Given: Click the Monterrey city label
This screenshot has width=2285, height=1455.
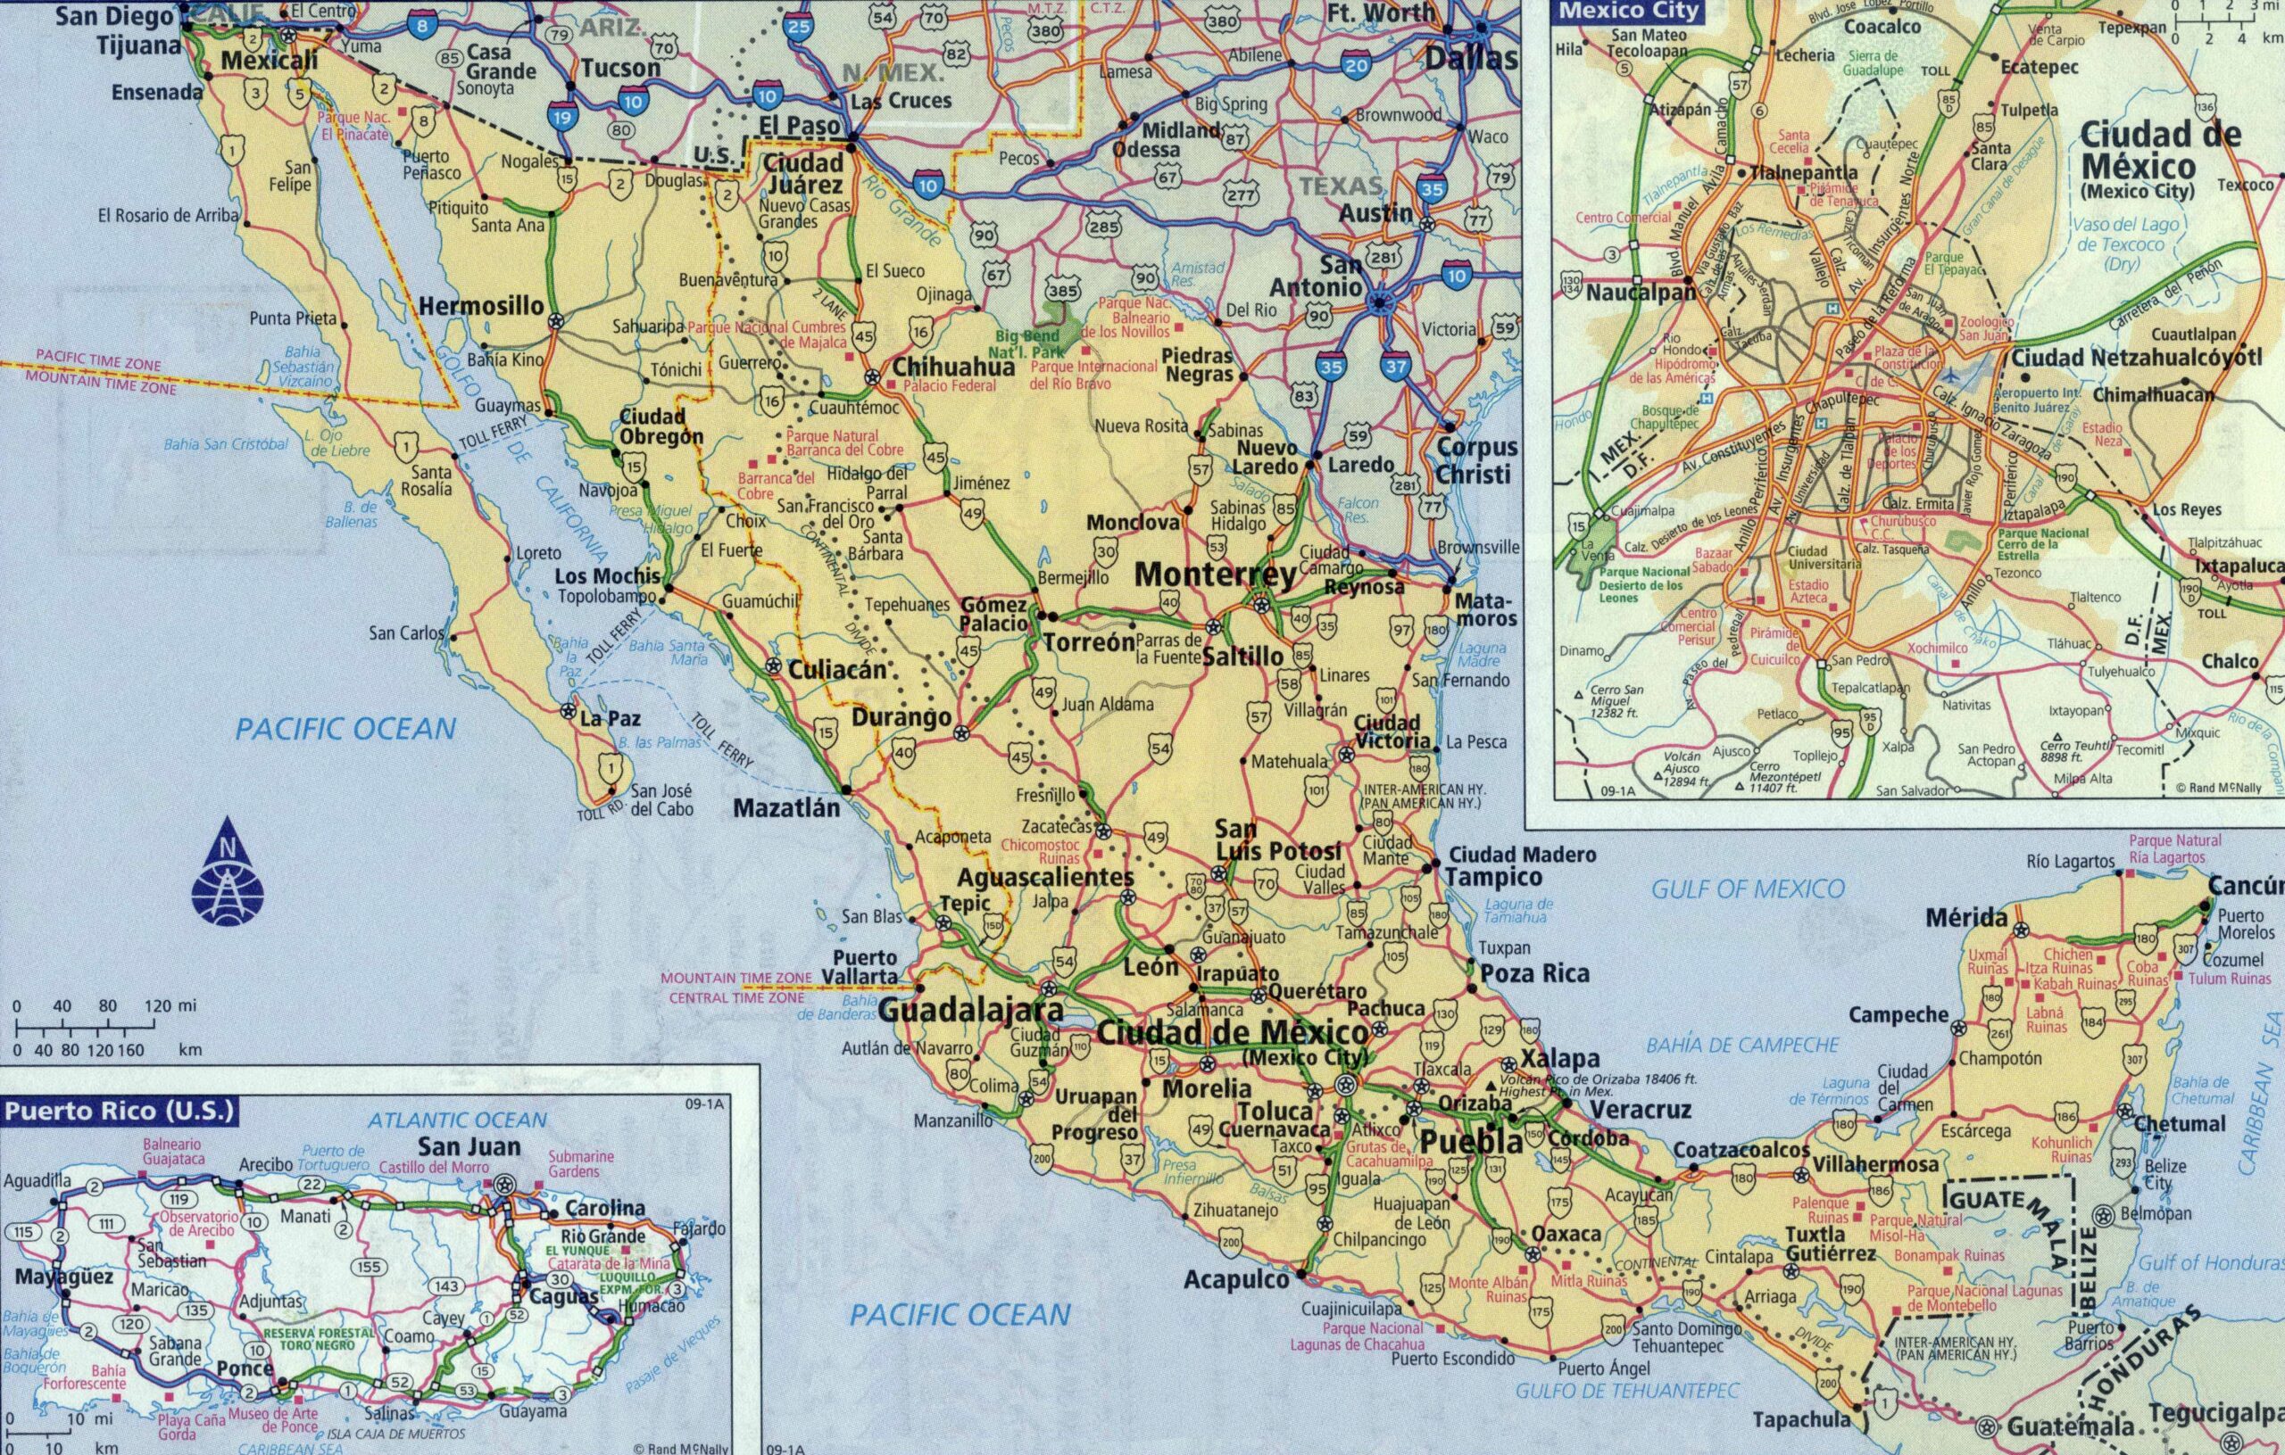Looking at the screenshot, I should point(1215,575).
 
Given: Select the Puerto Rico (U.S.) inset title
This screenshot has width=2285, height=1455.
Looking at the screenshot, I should point(119,1111).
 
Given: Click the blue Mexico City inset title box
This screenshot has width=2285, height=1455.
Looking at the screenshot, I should point(1628,12).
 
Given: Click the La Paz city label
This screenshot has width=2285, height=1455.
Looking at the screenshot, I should point(604,720).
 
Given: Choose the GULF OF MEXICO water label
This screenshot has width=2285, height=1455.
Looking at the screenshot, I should point(1748,889).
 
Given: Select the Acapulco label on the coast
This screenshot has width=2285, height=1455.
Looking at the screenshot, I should point(1235,1280).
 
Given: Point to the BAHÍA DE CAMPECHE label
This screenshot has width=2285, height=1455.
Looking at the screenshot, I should point(1742,1046).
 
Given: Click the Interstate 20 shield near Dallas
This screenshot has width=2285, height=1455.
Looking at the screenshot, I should point(1356,64).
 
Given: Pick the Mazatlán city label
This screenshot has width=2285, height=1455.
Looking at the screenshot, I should point(786,808).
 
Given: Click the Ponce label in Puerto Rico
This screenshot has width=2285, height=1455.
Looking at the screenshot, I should point(245,1369).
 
